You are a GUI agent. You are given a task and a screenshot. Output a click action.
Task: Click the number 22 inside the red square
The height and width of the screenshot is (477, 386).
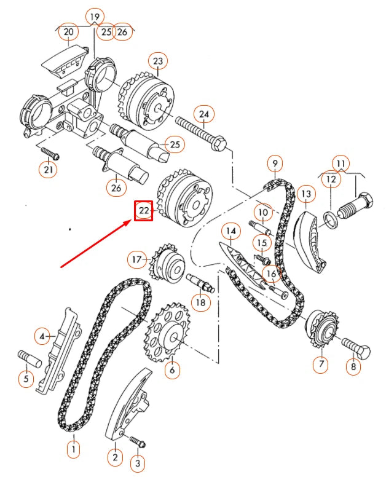click(144, 210)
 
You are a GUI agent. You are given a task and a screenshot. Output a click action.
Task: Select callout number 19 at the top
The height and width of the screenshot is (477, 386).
click(95, 17)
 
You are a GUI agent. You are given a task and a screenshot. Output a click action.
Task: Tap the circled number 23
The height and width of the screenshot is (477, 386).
click(158, 61)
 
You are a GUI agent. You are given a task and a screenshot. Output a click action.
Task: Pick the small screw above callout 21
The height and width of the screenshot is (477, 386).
click(50, 153)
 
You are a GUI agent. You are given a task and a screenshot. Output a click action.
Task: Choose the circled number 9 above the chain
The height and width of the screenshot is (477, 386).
click(275, 164)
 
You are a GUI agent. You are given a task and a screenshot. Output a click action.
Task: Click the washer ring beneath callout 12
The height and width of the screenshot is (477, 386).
click(330, 219)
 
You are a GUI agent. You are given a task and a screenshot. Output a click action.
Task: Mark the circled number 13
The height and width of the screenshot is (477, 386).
click(306, 194)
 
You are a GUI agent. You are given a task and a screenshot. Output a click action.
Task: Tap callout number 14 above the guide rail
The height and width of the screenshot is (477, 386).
click(231, 232)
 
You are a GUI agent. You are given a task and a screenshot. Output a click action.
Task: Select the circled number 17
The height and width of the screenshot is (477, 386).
click(137, 259)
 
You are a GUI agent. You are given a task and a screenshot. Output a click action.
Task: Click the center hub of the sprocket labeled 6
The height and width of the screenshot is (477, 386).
click(174, 336)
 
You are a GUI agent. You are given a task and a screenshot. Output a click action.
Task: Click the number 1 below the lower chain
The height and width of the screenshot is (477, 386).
click(74, 449)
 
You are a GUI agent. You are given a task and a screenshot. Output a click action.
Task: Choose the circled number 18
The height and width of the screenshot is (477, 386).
click(201, 302)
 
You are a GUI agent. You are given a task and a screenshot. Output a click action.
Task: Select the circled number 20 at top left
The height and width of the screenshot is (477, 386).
click(68, 31)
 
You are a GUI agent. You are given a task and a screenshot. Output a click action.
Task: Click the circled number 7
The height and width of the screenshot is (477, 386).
click(321, 363)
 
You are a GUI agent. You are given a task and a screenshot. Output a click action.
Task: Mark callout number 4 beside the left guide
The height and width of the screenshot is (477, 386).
click(42, 336)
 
